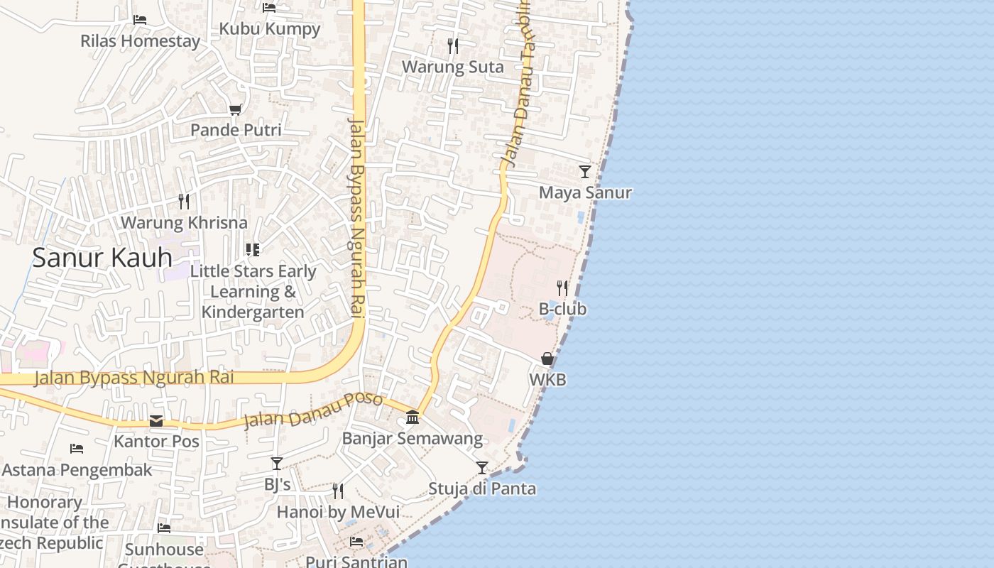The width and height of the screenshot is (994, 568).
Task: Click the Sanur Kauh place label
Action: click(102, 257)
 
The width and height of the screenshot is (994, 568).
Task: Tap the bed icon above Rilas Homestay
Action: click(140, 19)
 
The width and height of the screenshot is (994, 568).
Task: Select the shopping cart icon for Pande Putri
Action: click(236, 109)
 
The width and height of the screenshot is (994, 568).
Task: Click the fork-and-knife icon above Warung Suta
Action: click(453, 46)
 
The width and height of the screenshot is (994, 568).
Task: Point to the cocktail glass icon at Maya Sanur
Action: click(585, 172)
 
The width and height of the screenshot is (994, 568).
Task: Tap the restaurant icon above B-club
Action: click(562, 288)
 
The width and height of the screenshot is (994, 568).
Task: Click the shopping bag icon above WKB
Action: click(547, 359)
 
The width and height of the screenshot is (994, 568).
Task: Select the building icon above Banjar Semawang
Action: click(413, 417)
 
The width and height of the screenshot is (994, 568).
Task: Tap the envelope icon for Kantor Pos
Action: click(156, 421)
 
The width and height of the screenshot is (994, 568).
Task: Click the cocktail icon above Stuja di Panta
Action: click(482, 468)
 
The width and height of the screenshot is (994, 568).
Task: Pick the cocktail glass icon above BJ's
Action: click(277, 464)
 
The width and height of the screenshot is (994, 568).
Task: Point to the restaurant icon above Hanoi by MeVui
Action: click(338, 491)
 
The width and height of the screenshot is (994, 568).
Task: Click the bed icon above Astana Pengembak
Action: click(77, 449)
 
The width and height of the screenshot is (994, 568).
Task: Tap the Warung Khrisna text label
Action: click(184, 222)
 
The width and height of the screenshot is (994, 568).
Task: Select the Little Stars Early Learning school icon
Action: click(253, 250)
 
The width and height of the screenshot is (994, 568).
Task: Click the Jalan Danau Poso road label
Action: click(313, 410)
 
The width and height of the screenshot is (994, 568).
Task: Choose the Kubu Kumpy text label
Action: click(270, 29)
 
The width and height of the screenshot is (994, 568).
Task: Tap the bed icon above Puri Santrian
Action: click(356, 542)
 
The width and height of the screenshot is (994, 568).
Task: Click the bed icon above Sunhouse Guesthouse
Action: click(164, 528)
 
